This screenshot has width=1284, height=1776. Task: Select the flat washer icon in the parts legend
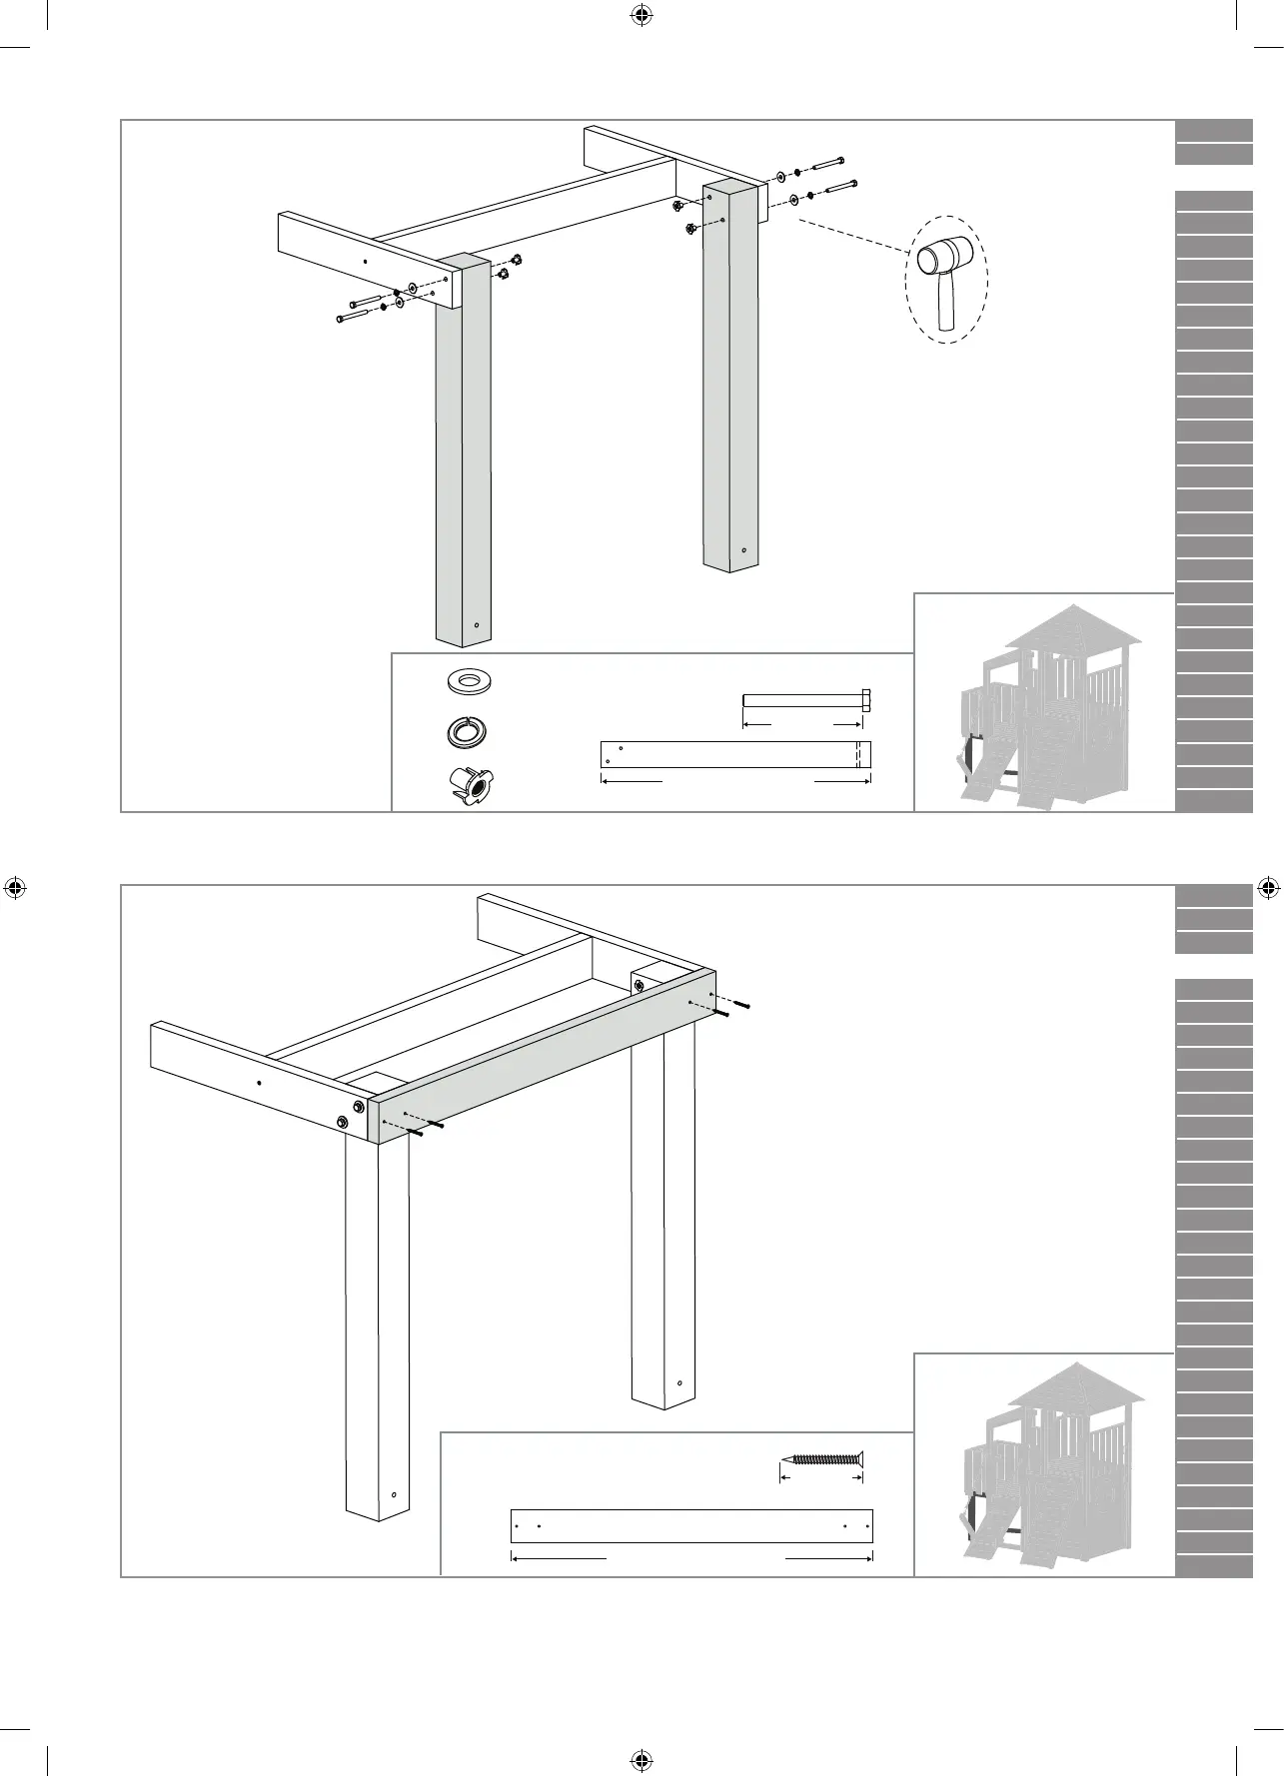468,681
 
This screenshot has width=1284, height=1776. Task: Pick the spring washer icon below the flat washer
467,732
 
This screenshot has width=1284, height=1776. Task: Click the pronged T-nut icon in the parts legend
470,783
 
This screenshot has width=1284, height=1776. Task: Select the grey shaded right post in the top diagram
728,380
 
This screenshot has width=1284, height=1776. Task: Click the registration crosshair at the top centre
642,15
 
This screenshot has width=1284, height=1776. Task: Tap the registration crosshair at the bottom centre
642,1760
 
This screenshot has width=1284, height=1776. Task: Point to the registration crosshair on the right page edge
1267,887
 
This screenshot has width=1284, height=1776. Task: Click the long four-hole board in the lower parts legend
691,1525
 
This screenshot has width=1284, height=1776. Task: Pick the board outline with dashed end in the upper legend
735,754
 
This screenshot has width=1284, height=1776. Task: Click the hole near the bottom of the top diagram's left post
478,625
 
